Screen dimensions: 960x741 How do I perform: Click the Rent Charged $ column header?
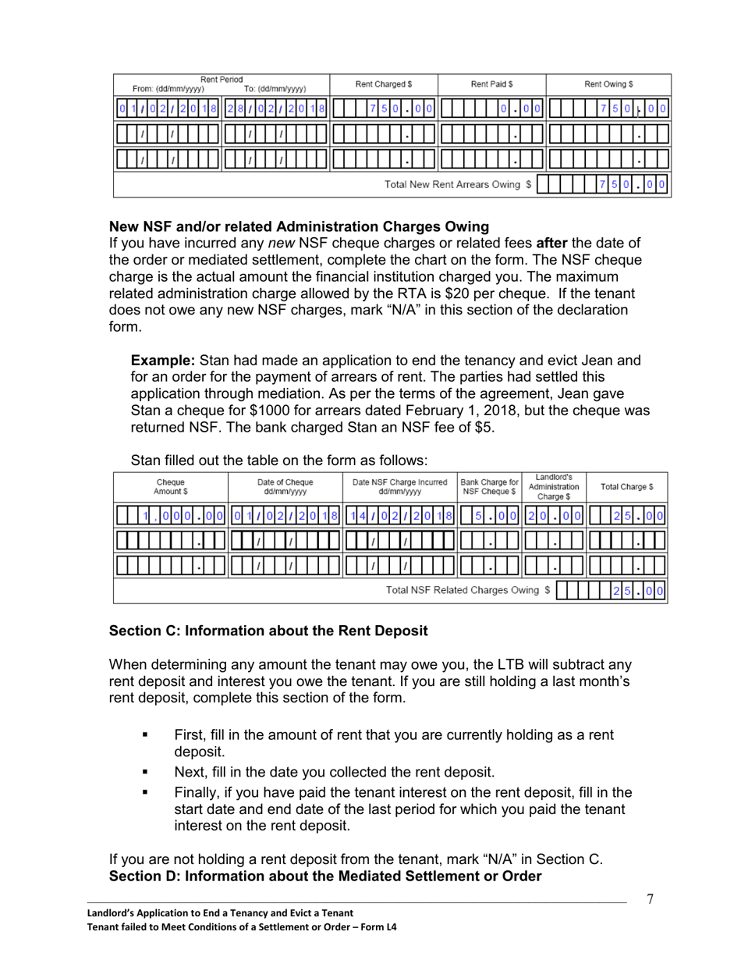click(383, 84)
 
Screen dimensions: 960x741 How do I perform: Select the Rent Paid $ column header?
click(491, 84)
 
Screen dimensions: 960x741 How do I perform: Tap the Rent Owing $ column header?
click(608, 84)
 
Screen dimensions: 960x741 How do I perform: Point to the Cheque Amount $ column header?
click(171, 486)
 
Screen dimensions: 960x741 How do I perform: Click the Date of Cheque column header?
click(285, 486)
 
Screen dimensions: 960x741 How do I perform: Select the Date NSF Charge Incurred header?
click(399, 486)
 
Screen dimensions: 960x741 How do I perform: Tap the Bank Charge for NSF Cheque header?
click(489, 486)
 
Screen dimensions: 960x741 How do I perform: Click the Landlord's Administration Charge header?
click(554, 486)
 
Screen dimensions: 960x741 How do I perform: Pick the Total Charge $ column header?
click(626, 486)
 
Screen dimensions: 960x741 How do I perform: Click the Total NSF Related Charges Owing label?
click(468, 590)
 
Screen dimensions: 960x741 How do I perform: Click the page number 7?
click(650, 899)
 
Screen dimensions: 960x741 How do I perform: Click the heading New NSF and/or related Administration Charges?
click(299, 226)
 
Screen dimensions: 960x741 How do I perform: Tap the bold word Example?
click(162, 361)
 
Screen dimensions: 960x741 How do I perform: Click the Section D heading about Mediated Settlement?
click(325, 876)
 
